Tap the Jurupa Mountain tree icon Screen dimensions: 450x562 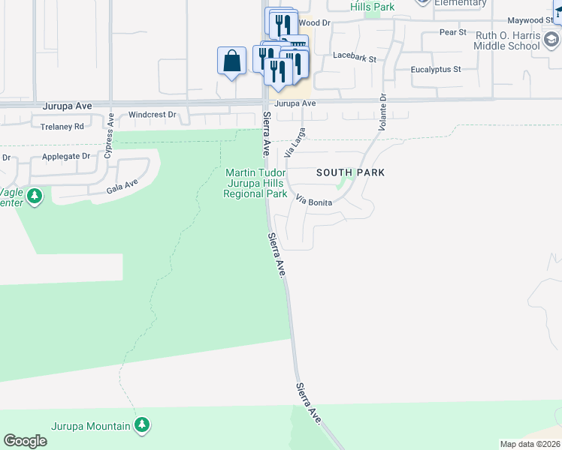[x=141, y=425]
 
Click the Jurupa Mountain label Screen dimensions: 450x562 [x=91, y=427]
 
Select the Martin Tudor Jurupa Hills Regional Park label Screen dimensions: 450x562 [x=255, y=183]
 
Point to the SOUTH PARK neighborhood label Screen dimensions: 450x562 [x=350, y=172]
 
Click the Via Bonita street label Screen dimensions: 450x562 [x=314, y=202]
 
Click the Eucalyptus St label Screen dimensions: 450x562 [x=436, y=69]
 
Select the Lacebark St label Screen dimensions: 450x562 [x=354, y=55]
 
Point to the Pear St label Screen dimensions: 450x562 [x=453, y=32]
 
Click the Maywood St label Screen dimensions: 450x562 [x=530, y=20]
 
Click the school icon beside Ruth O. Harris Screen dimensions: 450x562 [x=553, y=38]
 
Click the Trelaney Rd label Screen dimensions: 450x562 [x=63, y=127]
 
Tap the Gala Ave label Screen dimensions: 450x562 [x=122, y=185]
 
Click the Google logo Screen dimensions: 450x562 [x=25, y=441]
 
